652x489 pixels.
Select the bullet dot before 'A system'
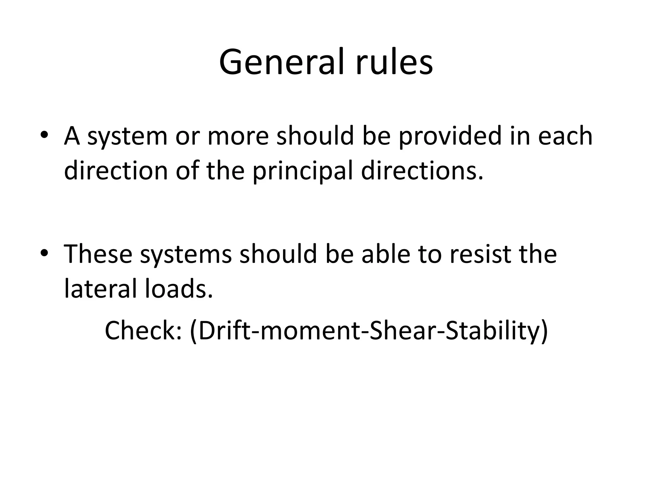[x=44, y=135]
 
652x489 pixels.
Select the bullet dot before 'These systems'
[x=44, y=253]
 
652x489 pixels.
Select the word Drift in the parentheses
[x=223, y=330]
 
